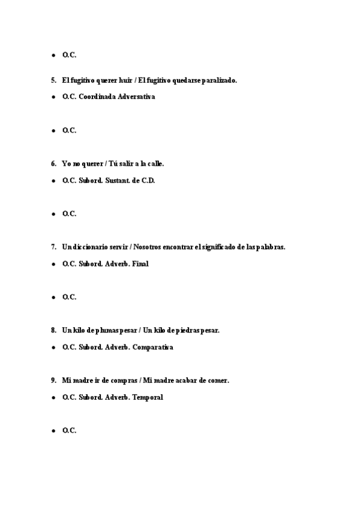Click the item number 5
click(x=53, y=80)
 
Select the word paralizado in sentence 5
click(x=218, y=80)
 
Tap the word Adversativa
click(x=136, y=97)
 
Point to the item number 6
click(x=53, y=163)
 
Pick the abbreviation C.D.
click(x=147, y=180)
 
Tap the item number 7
click(x=53, y=247)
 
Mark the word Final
click(x=140, y=264)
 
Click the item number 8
click(x=53, y=330)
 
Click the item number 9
click(x=53, y=380)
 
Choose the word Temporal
click(x=148, y=397)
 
